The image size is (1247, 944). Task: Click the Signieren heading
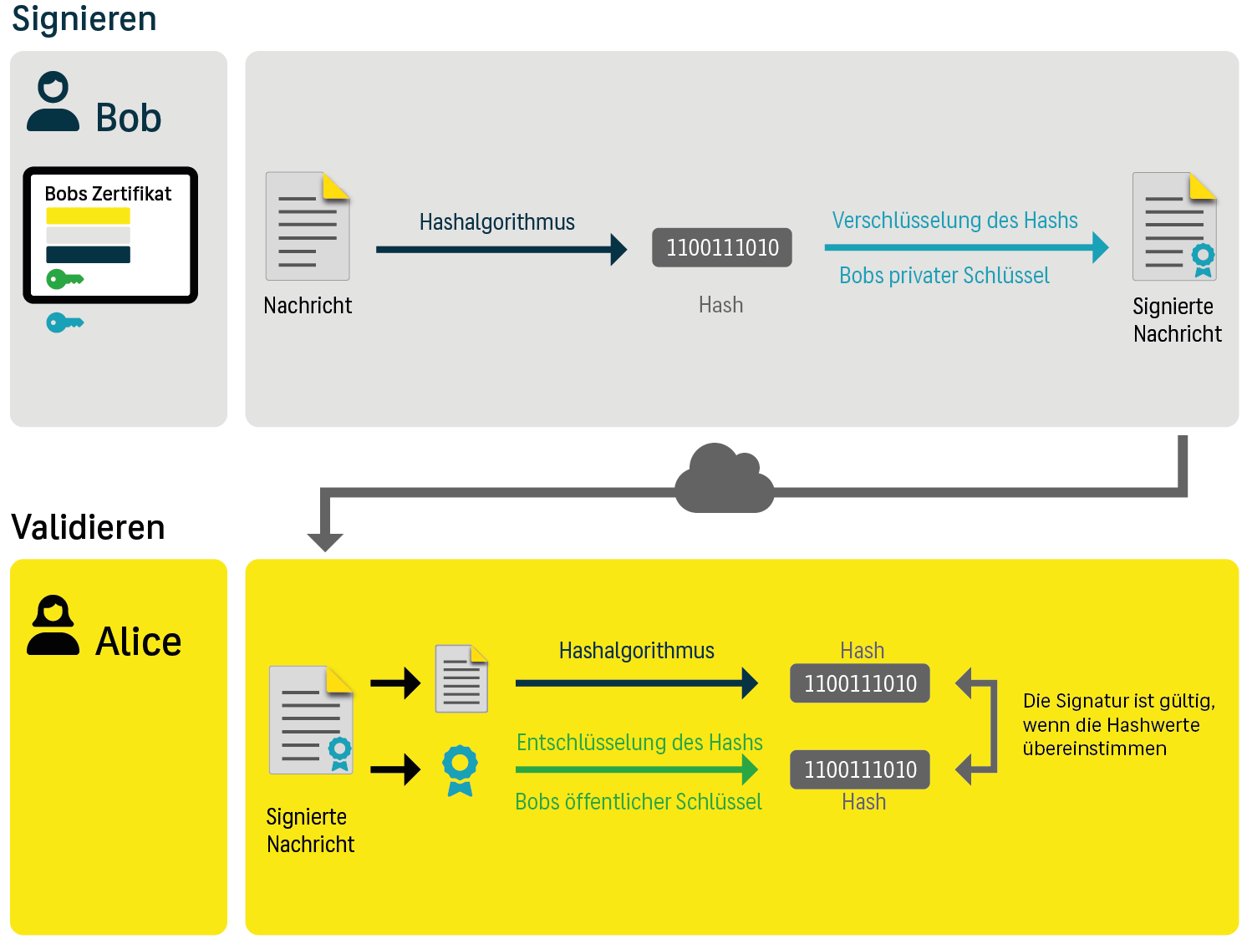tap(84, 18)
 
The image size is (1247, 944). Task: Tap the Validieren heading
tap(88, 527)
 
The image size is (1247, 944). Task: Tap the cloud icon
tap(724, 480)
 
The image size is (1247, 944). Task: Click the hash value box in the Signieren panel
tap(722, 247)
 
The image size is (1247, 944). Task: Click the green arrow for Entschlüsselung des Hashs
tap(636, 769)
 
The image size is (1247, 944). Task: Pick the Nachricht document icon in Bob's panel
tap(308, 226)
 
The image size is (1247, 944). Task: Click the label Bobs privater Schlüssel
tap(944, 276)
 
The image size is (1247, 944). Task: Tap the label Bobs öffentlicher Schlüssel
tap(639, 802)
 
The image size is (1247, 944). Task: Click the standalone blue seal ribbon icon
tap(460, 769)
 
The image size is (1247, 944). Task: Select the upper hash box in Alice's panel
tap(860, 683)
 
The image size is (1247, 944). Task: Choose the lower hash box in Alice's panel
tap(860, 769)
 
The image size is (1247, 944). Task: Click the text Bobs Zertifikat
tap(108, 194)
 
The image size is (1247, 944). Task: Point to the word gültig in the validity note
tap(1186, 702)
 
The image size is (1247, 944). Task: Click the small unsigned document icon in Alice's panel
tap(461, 678)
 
